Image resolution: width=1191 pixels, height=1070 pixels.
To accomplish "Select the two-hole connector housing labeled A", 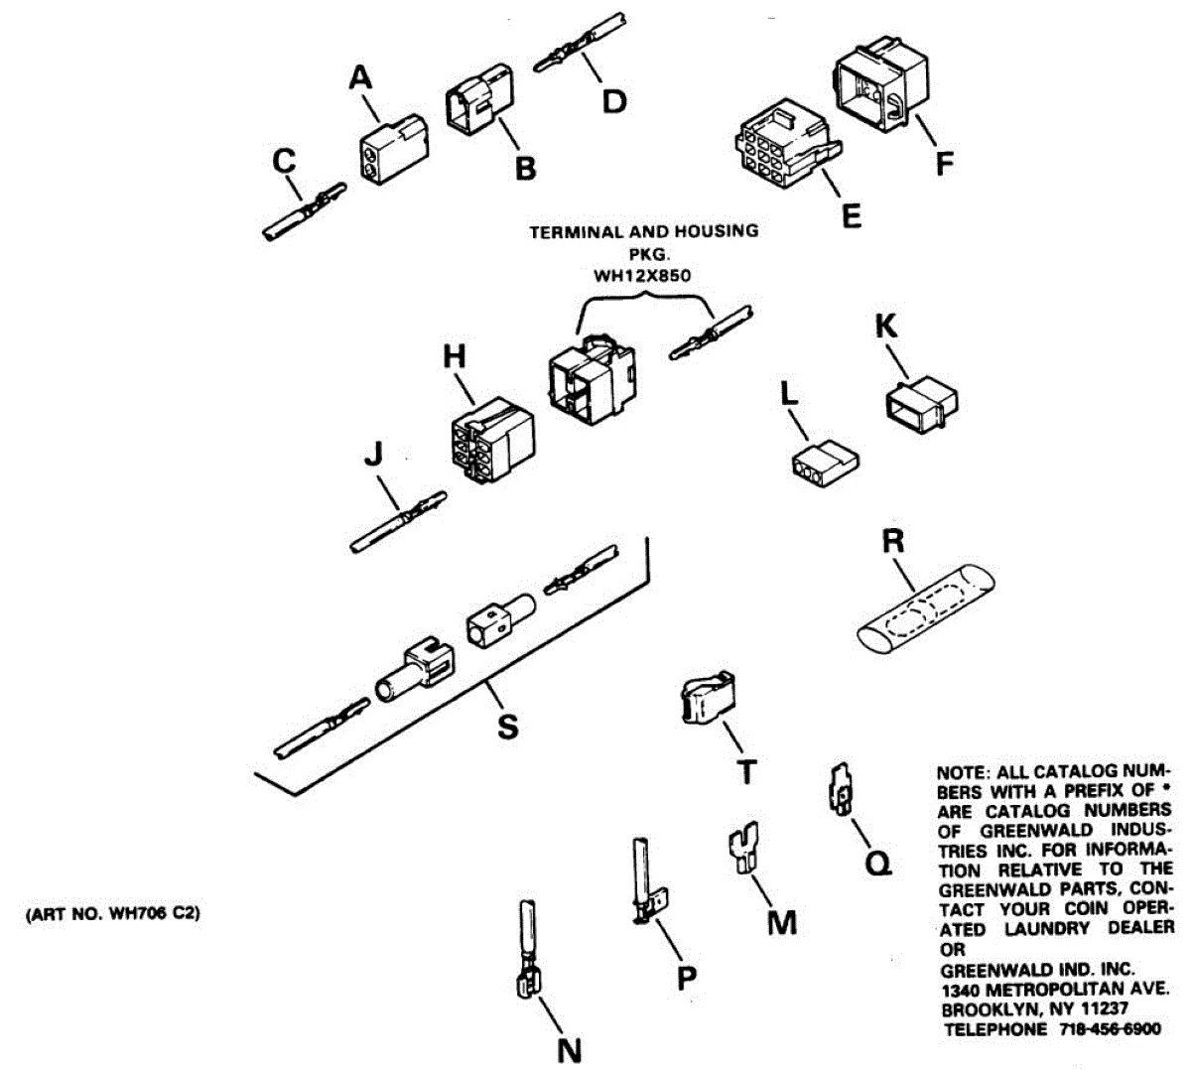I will pyautogui.click(x=389, y=152).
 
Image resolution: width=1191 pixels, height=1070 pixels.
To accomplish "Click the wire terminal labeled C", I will pyautogui.click(x=304, y=211).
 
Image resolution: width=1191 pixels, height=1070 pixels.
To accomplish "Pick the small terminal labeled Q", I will pyautogui.click(x=840, y=790).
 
